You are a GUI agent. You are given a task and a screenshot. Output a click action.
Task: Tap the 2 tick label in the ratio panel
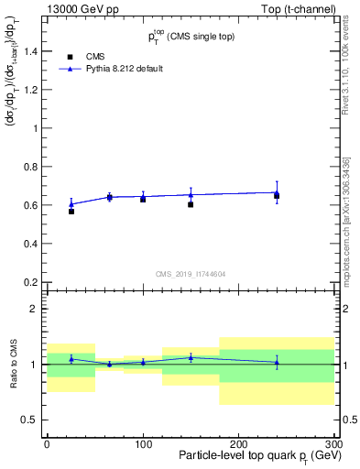coord(34,310)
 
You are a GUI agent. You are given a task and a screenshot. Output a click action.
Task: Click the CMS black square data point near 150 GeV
coord(191,204)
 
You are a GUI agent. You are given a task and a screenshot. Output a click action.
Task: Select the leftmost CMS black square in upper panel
coord(71,212)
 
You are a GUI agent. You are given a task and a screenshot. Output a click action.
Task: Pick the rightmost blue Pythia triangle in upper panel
coord(277,192)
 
